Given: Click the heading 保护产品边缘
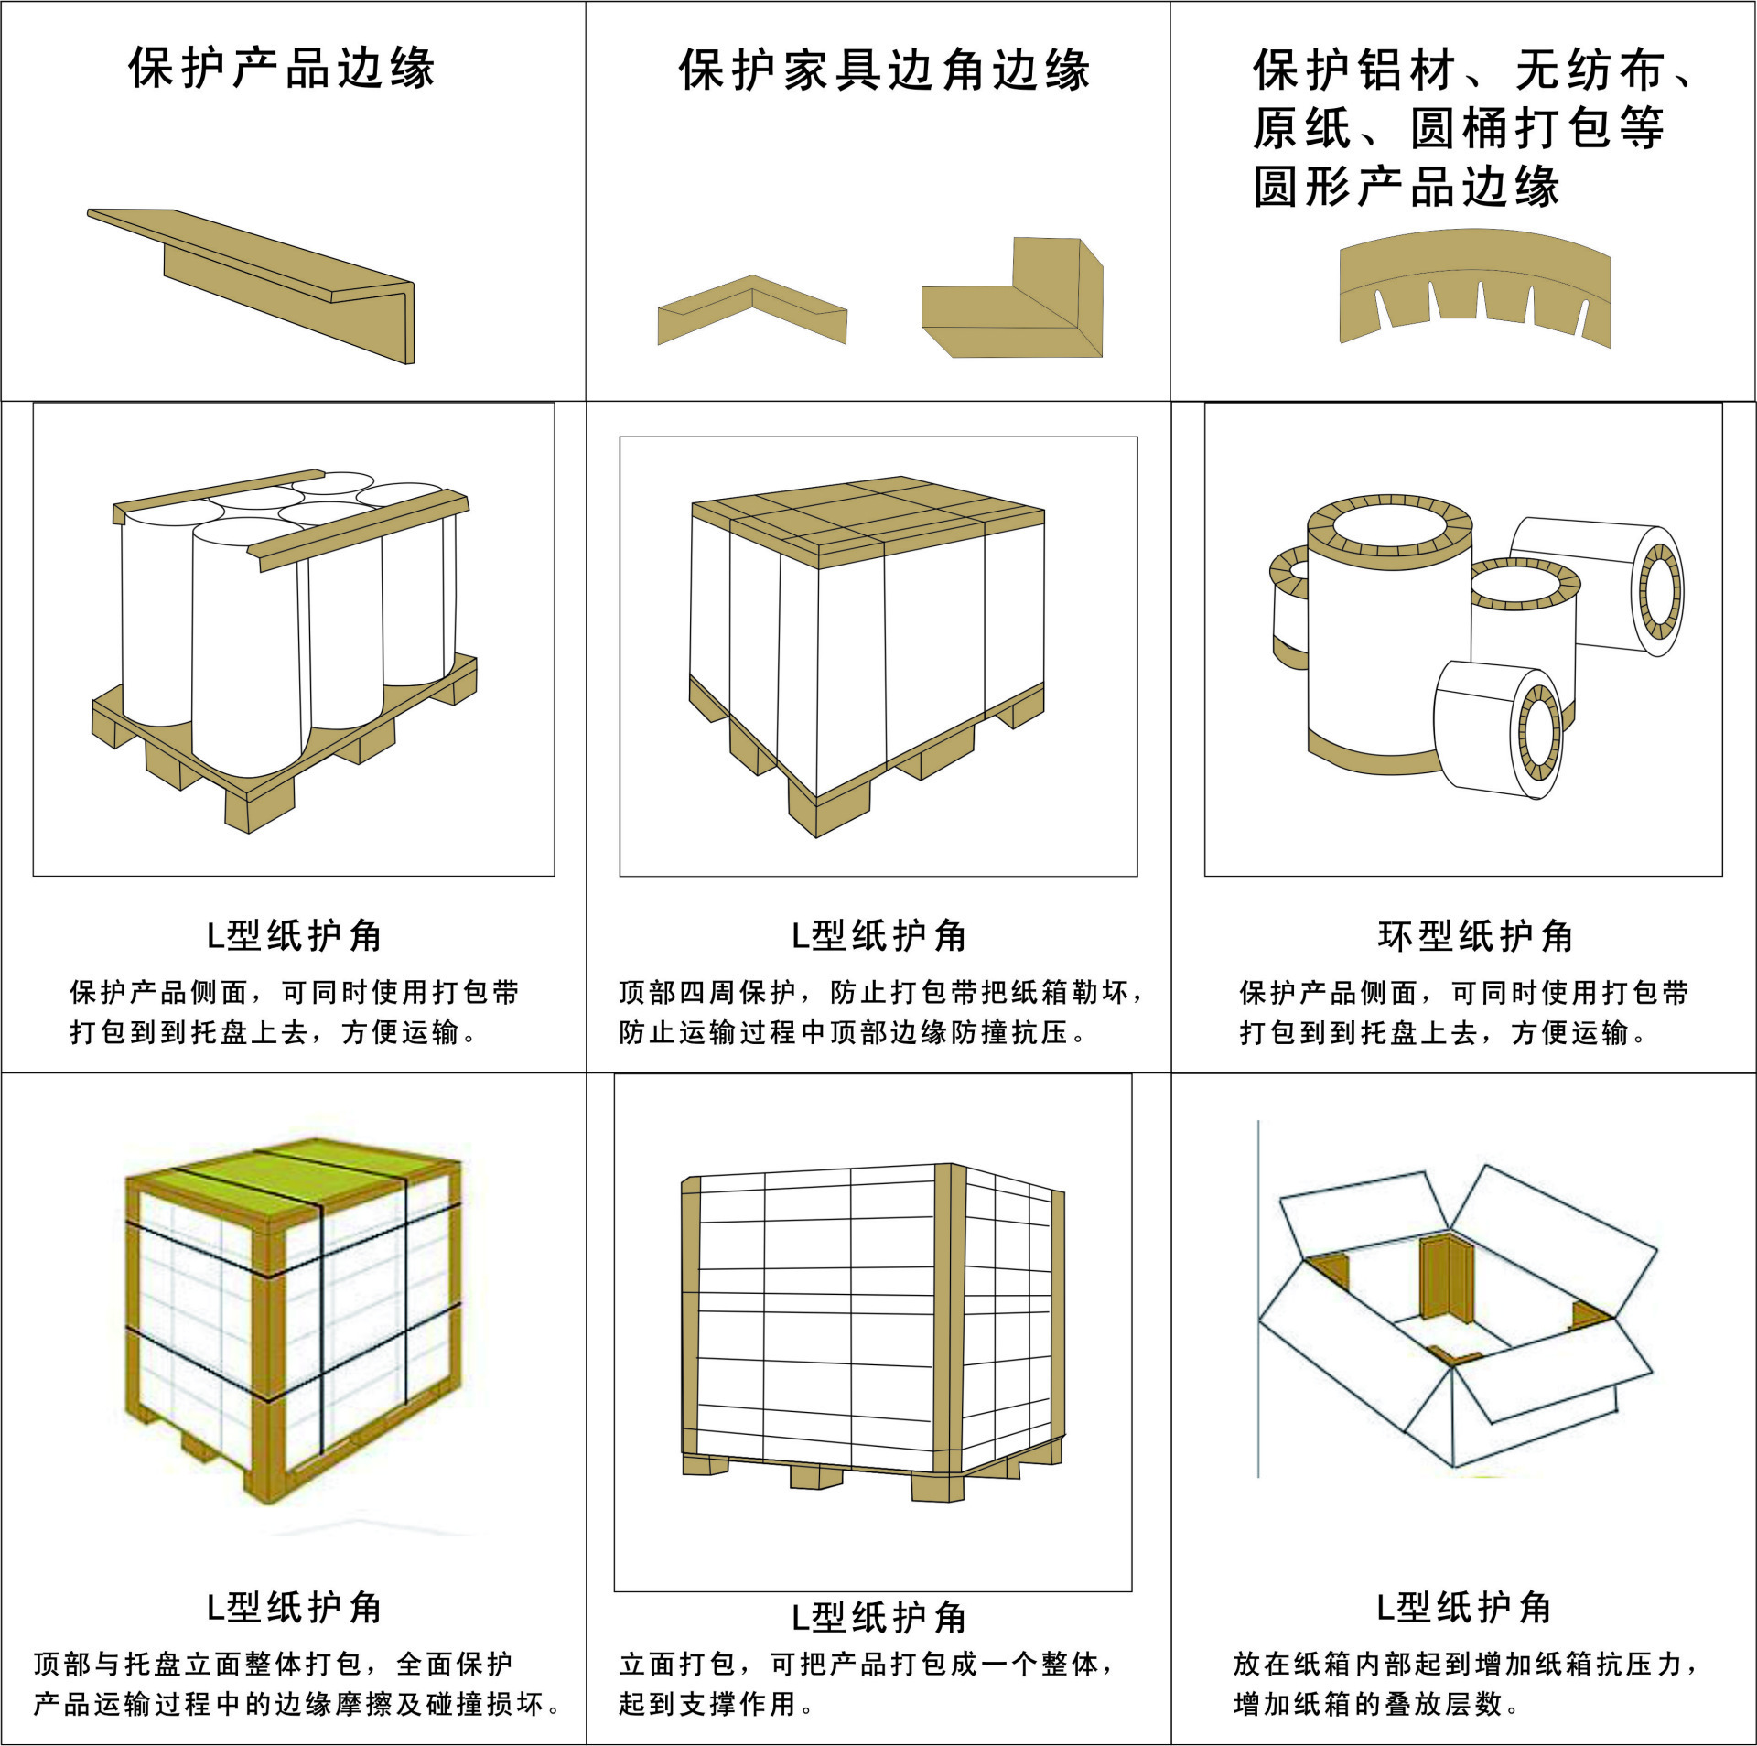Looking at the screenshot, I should tap(282, 69).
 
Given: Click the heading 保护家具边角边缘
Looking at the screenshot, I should tap(884, 70).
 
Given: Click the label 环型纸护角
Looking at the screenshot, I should tap(1474, 936).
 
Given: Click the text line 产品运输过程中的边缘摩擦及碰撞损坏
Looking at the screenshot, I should tap(296, 1704).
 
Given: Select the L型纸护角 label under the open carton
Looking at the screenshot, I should tap(1463, 1608).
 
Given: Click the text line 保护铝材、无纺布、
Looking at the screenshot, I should tap(1473, 70).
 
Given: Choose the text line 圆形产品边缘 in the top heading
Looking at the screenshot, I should tap(1406, 187).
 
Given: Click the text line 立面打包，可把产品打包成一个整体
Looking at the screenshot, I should tap(866, 1664).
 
